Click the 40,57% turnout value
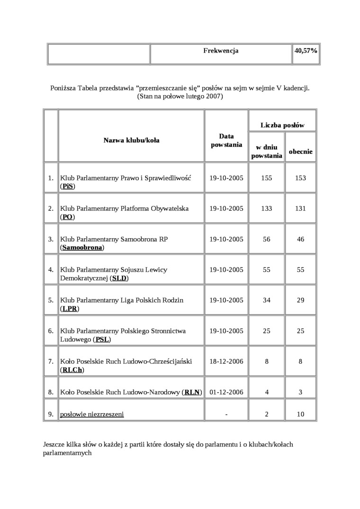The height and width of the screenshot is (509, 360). click(306, 51)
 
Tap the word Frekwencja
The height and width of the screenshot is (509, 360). click(221, 51)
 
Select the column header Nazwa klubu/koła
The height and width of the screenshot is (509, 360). click(131, 140)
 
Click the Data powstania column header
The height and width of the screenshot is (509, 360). click(226, 140)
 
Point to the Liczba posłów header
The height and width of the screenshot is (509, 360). click(282, 125)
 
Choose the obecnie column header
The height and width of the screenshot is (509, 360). click(300, 152)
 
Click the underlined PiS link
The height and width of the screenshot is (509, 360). click(68, 187)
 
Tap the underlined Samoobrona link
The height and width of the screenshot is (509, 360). click(82, 248)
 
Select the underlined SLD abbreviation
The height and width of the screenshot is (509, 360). click(119, 278)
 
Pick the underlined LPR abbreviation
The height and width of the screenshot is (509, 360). click(70, 309)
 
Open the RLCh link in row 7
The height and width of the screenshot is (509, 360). click(72, 370)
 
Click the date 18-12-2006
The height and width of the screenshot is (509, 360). click(226, 361)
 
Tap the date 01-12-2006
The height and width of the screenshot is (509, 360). click(226, 392)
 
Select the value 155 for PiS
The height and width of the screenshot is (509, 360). click(267, 178)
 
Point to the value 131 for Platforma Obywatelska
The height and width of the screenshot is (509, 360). click(300, 208)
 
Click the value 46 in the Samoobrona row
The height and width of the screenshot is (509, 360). click(300, 239)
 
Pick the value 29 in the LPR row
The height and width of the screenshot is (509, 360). click(300, 300)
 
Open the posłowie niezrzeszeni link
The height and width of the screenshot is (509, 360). click(92, 414)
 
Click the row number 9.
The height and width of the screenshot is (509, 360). click(51, 414)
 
